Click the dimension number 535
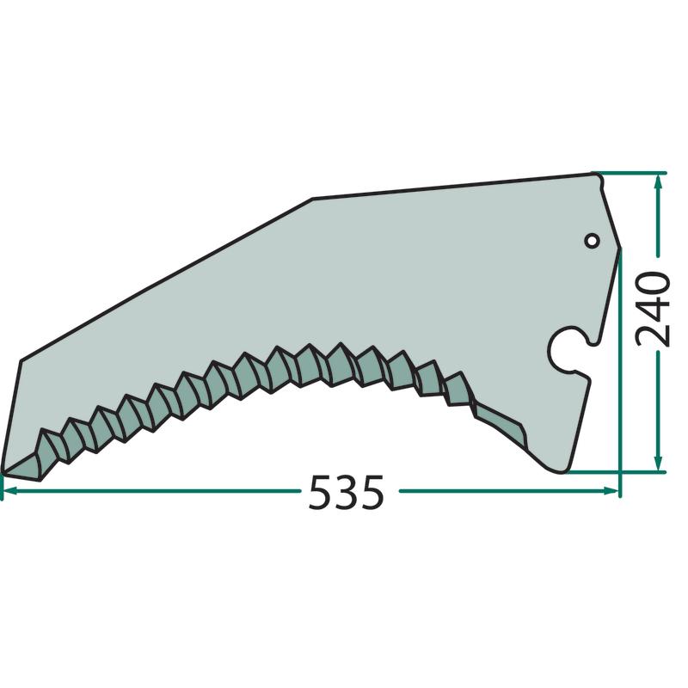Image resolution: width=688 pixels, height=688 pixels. click(x=347, y=492)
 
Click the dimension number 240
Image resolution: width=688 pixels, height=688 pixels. click(x=653, y=310)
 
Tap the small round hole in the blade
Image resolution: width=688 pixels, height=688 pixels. click(x=593, y=241)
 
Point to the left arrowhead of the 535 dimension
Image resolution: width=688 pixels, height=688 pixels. click(x=9, y=490)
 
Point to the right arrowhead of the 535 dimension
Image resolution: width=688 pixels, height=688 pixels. click(x=611, y=490)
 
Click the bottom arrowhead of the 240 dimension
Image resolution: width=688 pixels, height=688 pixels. click(x=657, y=464)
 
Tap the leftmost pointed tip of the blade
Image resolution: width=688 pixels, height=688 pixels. click(x=3, y=473)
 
